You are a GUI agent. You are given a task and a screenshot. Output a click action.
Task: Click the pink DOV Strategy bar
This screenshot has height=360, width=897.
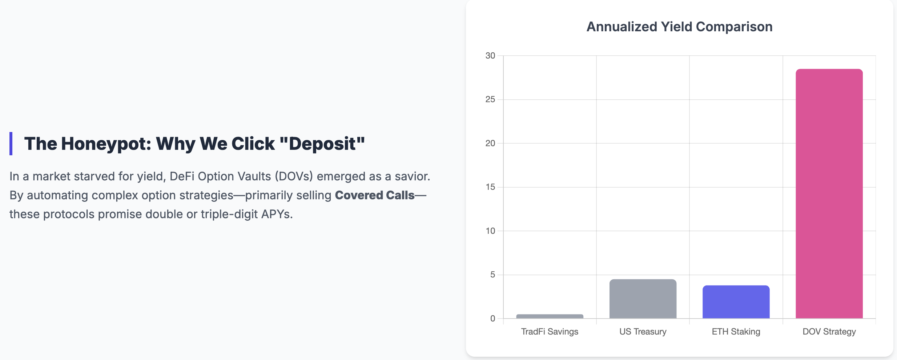(x=829, y=193)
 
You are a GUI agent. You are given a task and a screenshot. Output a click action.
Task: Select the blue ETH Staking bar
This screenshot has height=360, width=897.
(x=736, y=302)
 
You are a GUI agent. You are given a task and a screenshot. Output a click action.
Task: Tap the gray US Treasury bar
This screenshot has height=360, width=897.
(x=643, y=299)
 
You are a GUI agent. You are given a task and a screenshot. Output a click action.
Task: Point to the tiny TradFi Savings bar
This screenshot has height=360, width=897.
(x=550, y=316)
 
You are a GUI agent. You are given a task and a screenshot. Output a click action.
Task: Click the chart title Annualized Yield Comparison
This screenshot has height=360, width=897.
(x=679, y=27)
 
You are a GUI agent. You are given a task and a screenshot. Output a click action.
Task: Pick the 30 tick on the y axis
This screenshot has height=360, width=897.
(x=490, y=56)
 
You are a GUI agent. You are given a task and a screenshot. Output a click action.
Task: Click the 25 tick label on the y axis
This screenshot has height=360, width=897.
(x=490, y=99)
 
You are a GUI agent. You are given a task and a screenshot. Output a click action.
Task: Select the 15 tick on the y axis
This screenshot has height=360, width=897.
(x=490, y=187)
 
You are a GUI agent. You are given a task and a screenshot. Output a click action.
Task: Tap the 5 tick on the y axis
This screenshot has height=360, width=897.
(x=492, y=275)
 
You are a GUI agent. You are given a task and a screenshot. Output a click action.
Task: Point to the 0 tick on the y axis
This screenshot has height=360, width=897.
(x=492, y=319)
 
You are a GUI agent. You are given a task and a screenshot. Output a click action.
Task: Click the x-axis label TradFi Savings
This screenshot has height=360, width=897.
(x=550, y=332)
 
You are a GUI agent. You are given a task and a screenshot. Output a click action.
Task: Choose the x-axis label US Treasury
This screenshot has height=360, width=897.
(x=643, y=332)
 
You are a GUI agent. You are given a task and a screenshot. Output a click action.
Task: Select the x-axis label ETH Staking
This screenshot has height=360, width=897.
(x=736, y=332)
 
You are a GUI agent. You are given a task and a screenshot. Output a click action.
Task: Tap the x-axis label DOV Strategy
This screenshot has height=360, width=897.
(x=829, y=332)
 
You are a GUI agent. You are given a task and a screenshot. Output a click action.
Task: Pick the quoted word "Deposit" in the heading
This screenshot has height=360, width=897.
(x=322, y=144)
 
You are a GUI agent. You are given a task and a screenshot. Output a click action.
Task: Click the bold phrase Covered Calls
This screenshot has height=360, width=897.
(x=375, y=195)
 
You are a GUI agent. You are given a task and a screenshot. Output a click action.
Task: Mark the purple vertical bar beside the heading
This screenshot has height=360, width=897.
(x=11, y=144)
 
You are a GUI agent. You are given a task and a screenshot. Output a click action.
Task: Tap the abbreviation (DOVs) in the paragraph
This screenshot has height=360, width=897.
(x=294, y=176)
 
